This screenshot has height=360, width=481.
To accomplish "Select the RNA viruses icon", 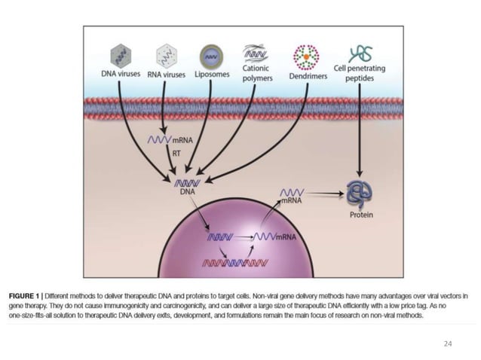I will click(165, 54).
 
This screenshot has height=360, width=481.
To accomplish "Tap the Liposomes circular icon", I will click(210, 55).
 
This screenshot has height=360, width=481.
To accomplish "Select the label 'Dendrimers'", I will click(307, 75).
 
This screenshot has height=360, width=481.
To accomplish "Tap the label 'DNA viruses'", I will click(121, 74).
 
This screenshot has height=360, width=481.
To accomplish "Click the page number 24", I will click(448, 343).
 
